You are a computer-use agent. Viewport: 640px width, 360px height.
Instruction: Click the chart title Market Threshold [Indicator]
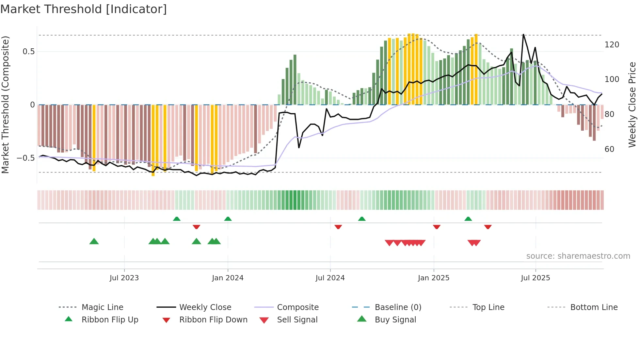84,9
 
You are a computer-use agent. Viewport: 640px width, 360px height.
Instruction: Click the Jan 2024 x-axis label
228,278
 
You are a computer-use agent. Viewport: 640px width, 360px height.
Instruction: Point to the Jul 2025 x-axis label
535,278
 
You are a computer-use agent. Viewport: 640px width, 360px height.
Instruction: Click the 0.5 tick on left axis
29,52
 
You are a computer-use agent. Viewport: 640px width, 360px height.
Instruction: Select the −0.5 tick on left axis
26,158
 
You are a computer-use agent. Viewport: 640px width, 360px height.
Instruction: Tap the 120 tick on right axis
612,44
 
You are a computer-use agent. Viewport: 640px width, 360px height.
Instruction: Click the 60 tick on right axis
609,149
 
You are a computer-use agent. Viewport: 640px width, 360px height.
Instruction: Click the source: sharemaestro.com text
578,256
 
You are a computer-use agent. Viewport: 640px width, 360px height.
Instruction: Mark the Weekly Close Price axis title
632,105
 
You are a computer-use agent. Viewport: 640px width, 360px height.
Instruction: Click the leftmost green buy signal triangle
94,241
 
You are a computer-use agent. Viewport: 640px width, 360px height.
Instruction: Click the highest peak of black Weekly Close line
523,35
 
